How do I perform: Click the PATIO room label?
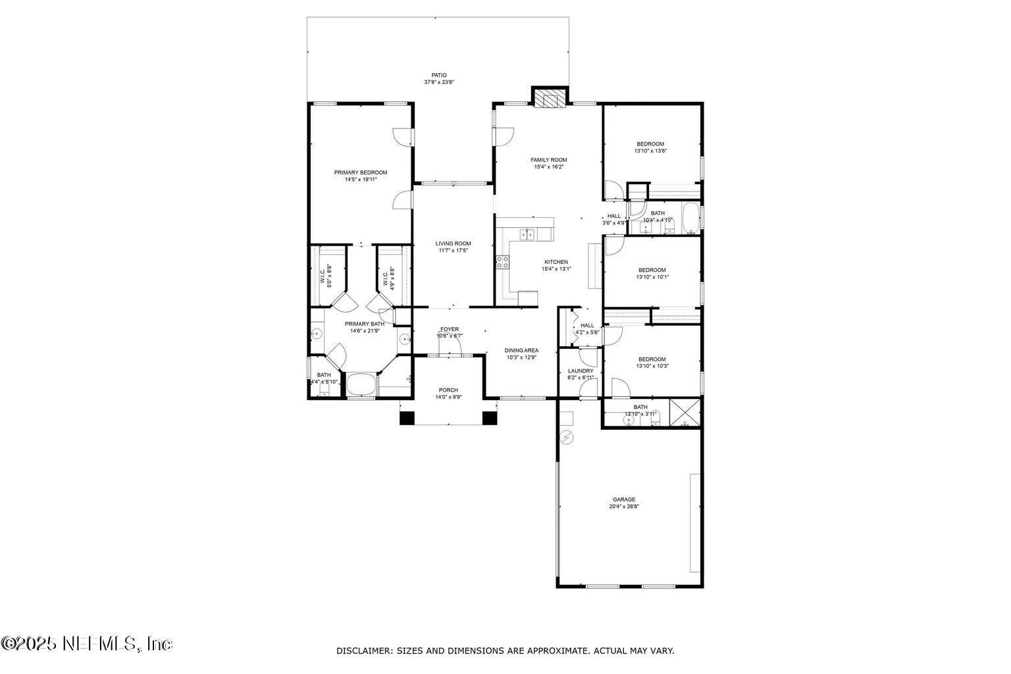439,75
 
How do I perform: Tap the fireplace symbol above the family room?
549,98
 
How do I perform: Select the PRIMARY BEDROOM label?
360,172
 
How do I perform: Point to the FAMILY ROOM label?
549,160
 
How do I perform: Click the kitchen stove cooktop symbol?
503,262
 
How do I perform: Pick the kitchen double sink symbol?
527,234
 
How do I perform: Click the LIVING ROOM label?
453,244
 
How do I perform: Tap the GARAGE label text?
624,500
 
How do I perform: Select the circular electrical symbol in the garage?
567,436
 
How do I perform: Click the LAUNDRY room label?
581,371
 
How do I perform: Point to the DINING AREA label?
521,350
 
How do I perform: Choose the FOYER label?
450,329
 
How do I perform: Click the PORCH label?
448,390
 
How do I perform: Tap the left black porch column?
407,417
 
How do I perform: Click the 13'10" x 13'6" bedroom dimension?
650,151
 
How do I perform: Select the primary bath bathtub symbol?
361,385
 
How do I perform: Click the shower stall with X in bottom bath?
685,413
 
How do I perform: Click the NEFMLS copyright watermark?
87,643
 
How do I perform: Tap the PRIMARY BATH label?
365,324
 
